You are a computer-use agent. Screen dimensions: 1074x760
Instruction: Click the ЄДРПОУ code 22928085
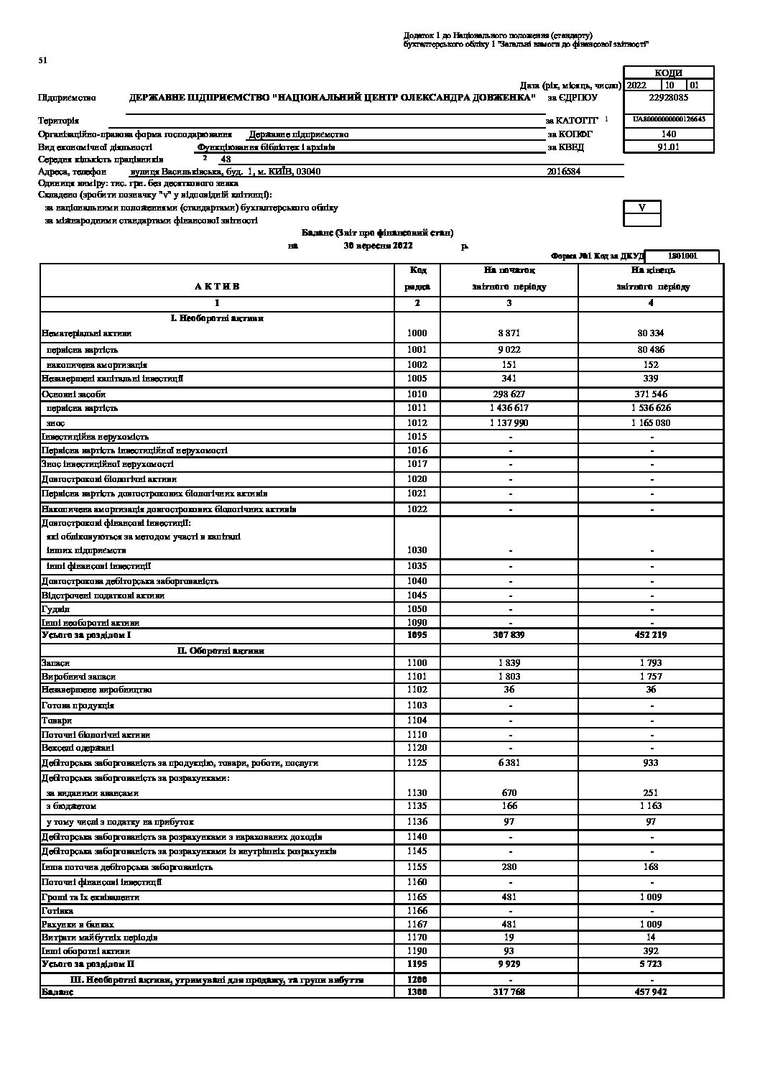[x=668, y=97]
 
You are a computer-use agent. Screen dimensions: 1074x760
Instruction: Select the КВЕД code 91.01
[x=668, y=147]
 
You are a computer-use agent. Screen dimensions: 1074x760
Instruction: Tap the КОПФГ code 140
[x=668, y=134]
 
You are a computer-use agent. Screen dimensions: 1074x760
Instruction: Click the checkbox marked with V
[x=642, y=207]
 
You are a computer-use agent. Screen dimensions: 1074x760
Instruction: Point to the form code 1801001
[x=682, y=256]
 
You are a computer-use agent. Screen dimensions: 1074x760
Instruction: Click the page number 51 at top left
[x=42, y=60]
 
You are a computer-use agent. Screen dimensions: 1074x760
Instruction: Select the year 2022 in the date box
[x=636, y=85]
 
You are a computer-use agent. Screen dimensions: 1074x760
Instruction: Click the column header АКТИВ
[x=216, y=286]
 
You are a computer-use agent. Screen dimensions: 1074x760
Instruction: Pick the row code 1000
[x=417, y=333]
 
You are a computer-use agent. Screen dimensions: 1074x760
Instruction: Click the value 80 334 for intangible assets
[x=652, y=333]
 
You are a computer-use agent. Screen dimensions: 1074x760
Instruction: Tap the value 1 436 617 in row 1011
[x=509, y=407]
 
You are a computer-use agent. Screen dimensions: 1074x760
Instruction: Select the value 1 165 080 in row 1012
[x=652, y=423]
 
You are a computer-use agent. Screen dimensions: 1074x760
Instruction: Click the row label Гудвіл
[x=55, y=608]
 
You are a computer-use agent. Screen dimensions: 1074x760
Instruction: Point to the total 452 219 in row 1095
[x=652, y=635]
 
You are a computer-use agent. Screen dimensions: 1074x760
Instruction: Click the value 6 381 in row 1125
[x=509, y=763]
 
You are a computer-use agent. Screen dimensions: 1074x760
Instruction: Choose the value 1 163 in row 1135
[x=652, y=806]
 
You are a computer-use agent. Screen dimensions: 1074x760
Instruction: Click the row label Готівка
[x=57, y=911]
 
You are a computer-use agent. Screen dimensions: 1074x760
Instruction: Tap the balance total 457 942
[x=652, y=991]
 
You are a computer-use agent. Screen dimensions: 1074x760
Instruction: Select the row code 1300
[x=417, y=991]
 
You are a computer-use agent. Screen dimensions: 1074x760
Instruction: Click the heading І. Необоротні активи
[x=217, y=318]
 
